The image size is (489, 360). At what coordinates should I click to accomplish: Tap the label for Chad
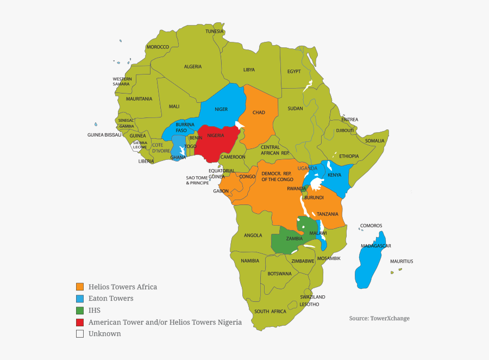pos(259,113)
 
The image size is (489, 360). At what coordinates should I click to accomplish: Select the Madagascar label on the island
pos(376,246)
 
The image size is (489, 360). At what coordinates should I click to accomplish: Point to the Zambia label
pos(294,239)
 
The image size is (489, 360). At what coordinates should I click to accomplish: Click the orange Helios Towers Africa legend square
pos(80,287)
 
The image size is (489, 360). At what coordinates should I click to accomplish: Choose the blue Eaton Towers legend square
pos(80,299)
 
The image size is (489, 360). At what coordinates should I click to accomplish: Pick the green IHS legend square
pos(80,311)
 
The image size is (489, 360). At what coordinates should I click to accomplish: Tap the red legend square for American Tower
pos(80,322)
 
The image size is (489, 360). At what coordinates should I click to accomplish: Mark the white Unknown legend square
pos(80,334)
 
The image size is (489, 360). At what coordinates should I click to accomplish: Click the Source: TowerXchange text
pos(379,318)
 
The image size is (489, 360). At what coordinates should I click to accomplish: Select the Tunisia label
pos(214,31)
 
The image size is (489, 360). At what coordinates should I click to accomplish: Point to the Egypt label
pos(294,71)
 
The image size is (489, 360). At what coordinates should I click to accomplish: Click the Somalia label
pos(374,141)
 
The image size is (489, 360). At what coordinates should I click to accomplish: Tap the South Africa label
pos(270,311)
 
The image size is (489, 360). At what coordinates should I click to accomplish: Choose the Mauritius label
pos(402,262)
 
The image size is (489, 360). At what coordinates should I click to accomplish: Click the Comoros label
pos(371,226)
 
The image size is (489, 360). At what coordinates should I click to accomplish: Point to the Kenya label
pos(334,175)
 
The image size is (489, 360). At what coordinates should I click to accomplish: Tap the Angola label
pos(253,235)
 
